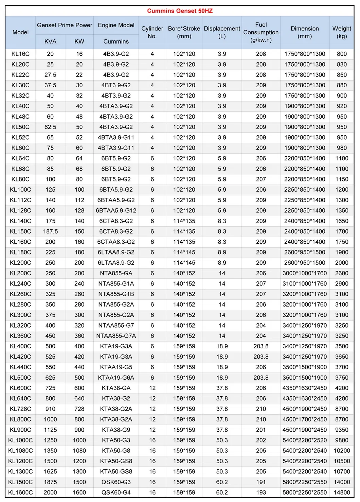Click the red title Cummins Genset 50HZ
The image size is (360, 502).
pos(180,11)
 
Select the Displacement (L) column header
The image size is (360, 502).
pos(222,32)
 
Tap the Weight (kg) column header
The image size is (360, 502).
pos(342,32)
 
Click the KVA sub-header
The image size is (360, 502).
pos(50,41)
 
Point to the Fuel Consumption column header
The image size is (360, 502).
pos(261,32)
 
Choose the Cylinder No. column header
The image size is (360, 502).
pos(152,32)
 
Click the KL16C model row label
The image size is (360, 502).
pos(20,54)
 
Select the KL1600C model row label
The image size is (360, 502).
pos(20,492)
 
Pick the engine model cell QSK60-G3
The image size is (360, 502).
pos(116,482)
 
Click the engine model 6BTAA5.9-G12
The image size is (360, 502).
pos(116,210)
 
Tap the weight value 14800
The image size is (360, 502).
pos(342,492)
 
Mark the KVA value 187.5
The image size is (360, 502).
pos(50,231)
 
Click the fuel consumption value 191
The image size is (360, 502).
pos(261,482)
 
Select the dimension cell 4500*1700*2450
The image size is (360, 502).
pos(305,419)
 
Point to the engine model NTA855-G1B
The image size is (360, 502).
pos(116,294)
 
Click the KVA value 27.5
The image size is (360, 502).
pos(50,75)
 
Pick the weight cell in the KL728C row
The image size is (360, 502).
pos(342,409)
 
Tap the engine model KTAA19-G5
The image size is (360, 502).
pos(116,367)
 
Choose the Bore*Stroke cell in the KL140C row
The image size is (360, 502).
pos(184,221)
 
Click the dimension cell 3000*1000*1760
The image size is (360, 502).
pos(305,273)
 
